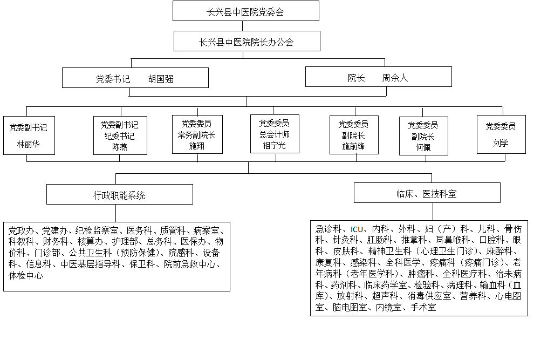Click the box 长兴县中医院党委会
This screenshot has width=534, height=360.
[246, 11]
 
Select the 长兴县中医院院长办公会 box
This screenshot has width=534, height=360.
[247, 41]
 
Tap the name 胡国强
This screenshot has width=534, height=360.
[161, 79]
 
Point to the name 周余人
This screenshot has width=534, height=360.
[395, 78]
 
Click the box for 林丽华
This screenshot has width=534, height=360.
[29, 135]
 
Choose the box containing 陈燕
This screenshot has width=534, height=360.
[120, 135]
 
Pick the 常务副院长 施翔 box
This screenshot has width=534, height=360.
[197, 134]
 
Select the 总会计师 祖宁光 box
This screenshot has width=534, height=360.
[275, 134]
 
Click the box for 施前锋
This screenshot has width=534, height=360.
[354, 135]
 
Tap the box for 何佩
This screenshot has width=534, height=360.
[423, 136]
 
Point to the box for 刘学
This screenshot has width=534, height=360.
[501, 134]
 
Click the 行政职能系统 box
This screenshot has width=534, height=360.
[120, 194]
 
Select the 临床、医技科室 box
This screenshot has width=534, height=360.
[427, 193]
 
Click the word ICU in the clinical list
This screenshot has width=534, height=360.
[357, 229]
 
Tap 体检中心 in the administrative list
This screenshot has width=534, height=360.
[26, 275]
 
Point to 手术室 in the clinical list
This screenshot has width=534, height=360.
[423, 308]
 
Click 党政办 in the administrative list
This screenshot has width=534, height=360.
[21, 231]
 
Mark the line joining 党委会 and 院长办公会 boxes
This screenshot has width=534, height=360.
[243, 26]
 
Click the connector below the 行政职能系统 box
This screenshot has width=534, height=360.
[116, 213]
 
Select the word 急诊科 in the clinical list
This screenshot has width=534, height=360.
[328, 229]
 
